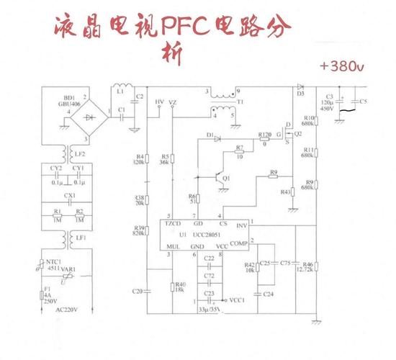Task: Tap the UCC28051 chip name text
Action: coord(204,235)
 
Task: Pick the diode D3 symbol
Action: coord(300,87)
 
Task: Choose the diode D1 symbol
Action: coord(213,135)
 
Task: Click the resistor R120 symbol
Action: coord(264,135)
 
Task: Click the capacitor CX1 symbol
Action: coord(69,202)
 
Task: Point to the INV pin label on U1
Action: coord(243,225)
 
